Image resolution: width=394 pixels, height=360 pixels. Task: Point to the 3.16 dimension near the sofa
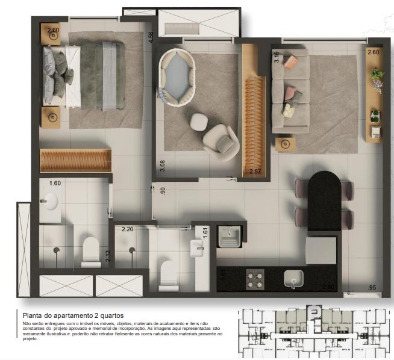[x=277, y=58]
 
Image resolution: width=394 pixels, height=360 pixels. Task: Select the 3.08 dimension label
[x=162, y=166]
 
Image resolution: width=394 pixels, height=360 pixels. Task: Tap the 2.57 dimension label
[x=256, y=172]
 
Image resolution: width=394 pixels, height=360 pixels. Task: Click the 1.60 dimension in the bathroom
[x=55, y=183]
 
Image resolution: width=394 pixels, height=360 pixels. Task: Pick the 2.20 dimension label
[x=127, y=229]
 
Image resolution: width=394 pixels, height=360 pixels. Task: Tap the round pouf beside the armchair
[x=199, y=122]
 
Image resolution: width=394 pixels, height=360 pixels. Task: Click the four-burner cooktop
[x=255, y=279]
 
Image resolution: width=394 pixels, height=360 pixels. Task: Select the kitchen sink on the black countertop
[x=293, y=278]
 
